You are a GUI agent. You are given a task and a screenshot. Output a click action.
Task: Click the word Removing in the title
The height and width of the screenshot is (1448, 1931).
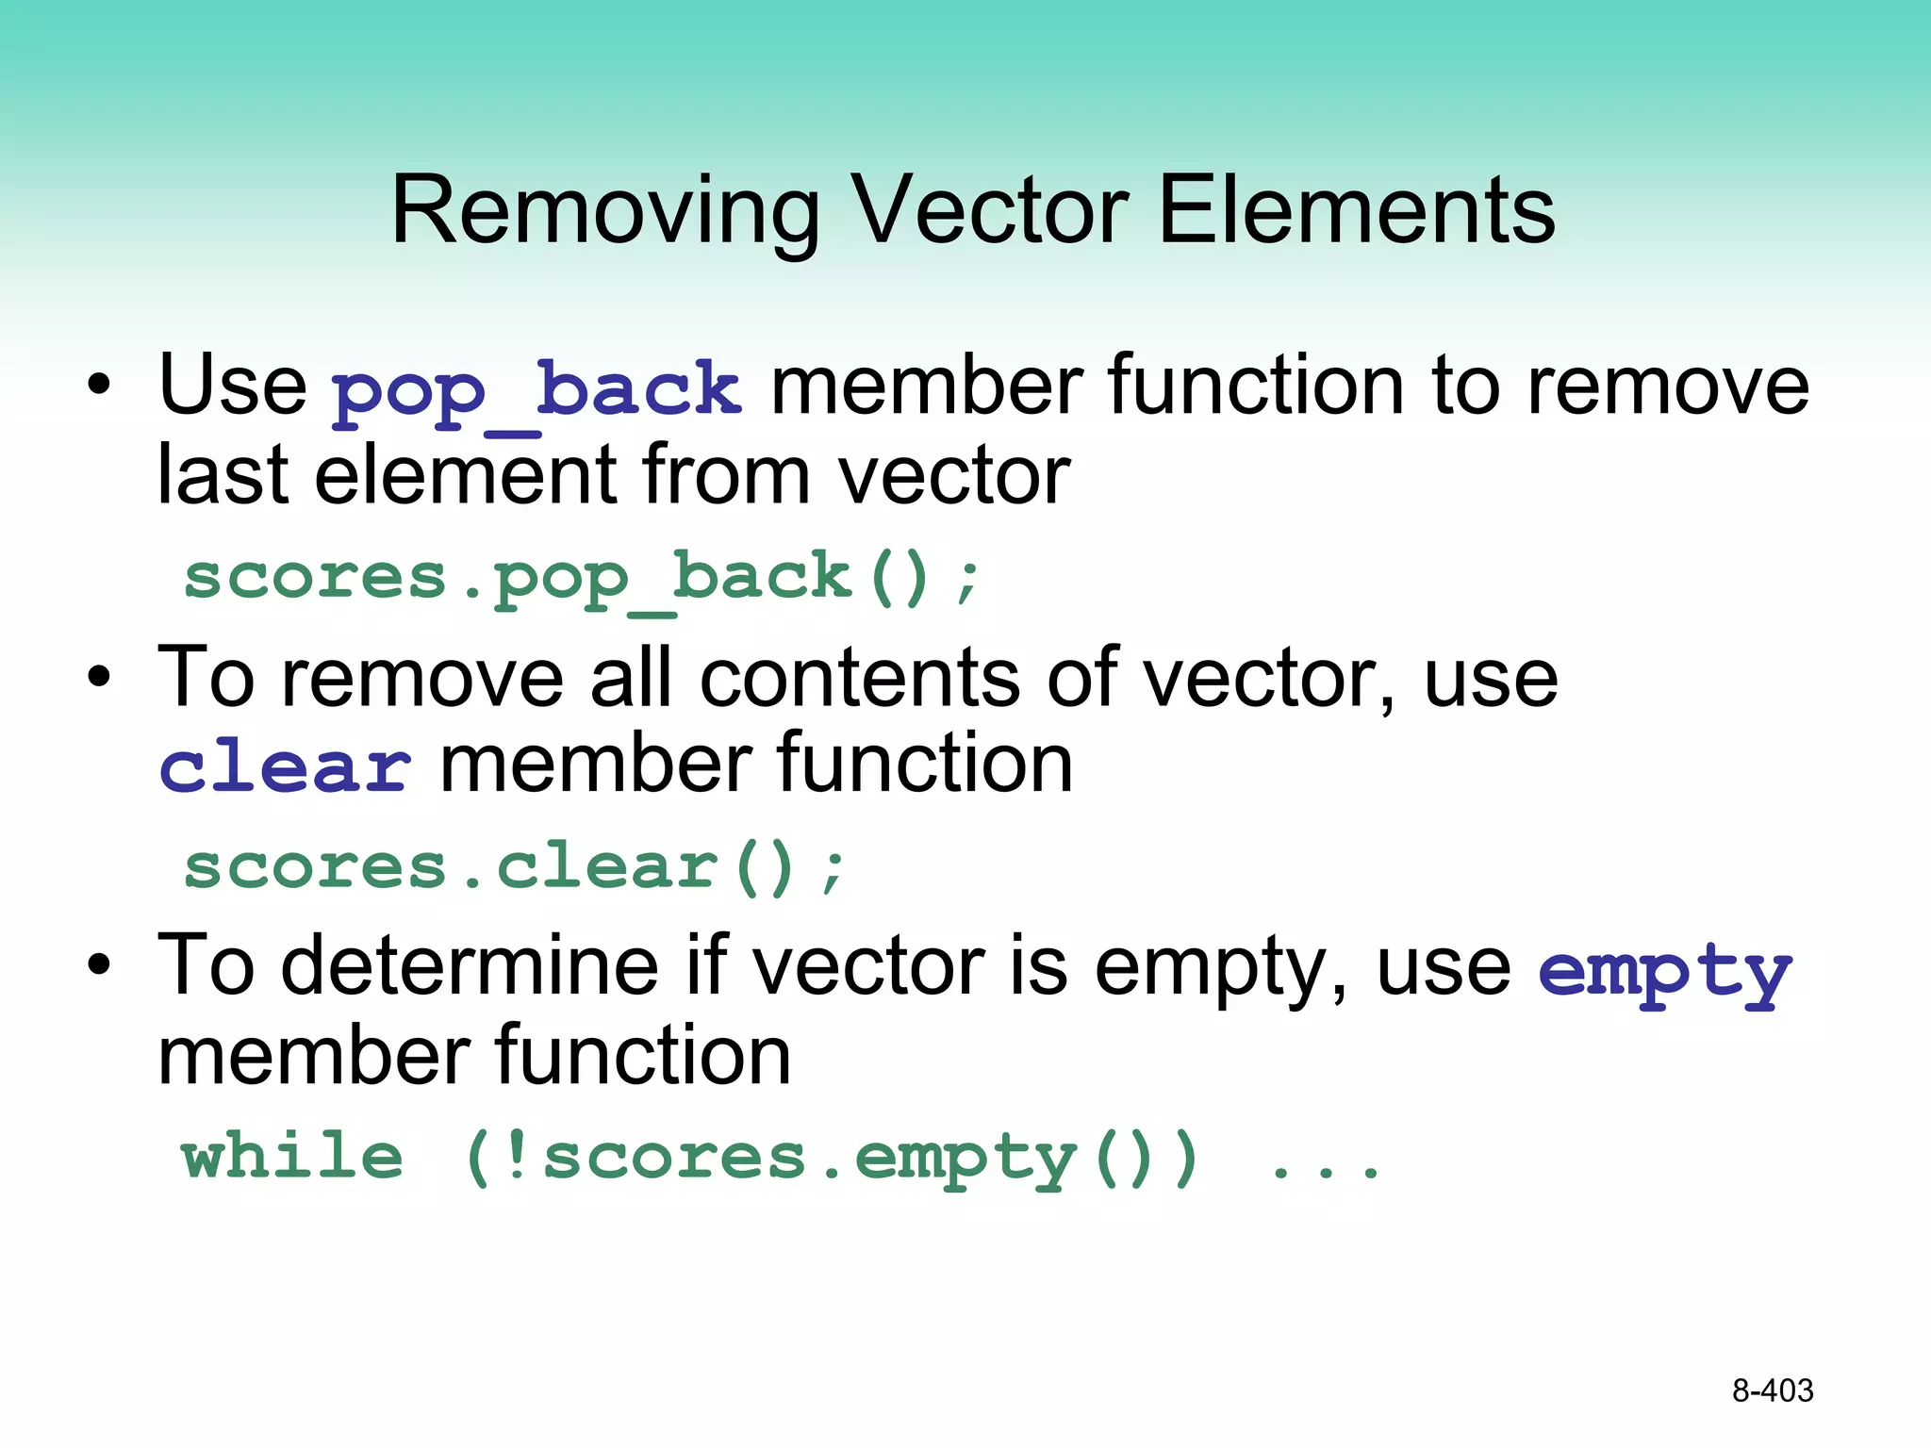[x=604, y=211]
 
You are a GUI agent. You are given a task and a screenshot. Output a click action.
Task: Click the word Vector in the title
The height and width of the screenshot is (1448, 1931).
[x=989, y=211]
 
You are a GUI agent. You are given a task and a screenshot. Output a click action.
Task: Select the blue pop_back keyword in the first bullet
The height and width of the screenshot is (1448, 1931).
[x=536, y=390]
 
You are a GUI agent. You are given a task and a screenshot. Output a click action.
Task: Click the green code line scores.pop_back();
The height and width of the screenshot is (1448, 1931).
[x=582, y=579]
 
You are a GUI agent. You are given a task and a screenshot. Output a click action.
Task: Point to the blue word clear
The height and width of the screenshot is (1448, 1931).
[x=285, y=767]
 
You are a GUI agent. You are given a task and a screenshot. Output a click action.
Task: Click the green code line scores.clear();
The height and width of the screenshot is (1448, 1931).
[x=515, y=867]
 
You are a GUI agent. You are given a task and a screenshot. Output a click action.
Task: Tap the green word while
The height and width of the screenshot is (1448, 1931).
[x=292, y=1158]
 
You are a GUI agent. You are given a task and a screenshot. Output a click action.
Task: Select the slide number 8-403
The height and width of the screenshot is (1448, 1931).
[x=1772, y=1390]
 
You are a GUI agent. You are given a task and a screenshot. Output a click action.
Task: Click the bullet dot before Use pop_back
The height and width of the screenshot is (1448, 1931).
[x=99, y=386]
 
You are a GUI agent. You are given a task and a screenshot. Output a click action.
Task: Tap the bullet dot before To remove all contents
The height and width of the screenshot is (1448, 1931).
[x=99, y=677]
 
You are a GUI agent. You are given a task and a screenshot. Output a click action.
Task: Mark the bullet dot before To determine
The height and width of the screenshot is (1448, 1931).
[x=99, y=965]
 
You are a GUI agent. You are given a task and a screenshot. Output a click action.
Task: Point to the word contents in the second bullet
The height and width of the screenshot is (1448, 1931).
[x=860, y=679]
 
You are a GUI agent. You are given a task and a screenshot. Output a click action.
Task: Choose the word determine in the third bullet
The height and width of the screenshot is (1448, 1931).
[x=470, y=965]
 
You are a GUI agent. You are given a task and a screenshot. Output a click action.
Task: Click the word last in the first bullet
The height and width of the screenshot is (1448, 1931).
[x=223, y=475]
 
